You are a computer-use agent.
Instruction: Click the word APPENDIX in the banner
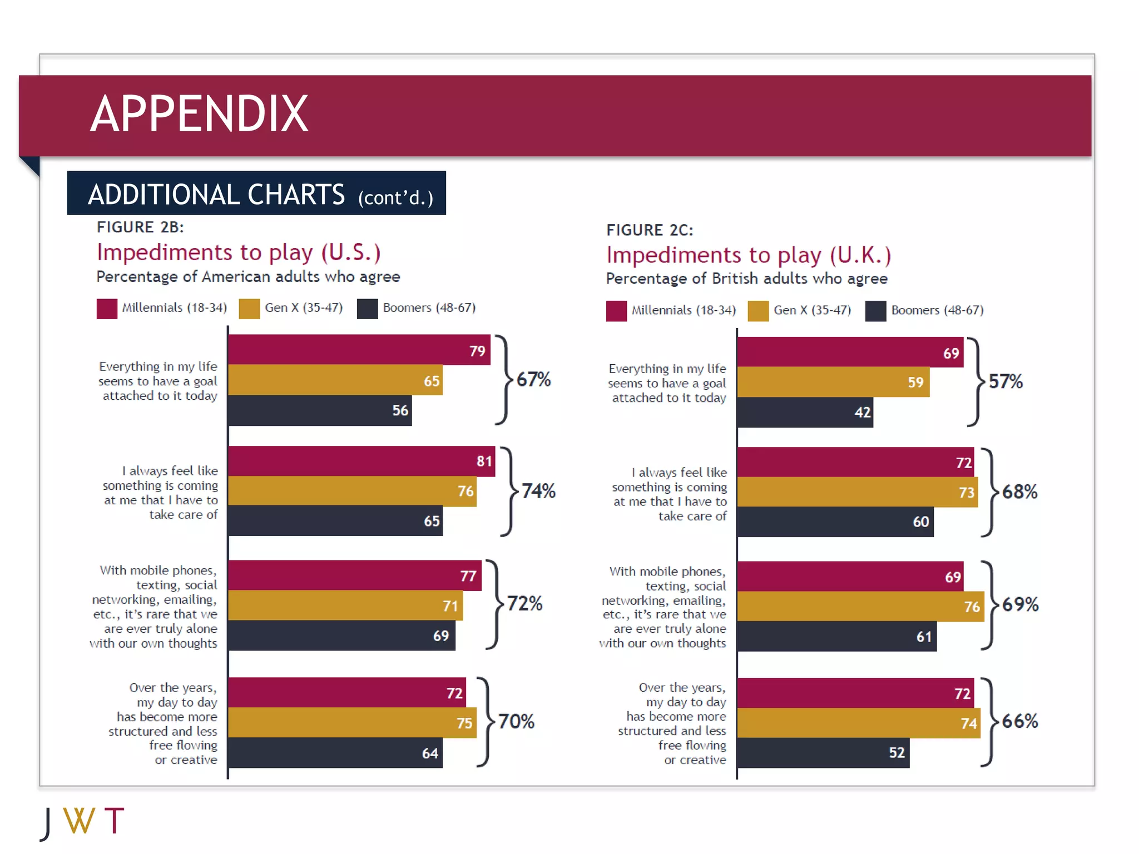point(199,114)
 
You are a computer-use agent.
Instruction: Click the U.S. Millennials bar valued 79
point(359,350)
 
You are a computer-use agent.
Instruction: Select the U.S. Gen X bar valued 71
point(345,605)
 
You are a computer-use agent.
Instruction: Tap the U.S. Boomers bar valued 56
point(320,410)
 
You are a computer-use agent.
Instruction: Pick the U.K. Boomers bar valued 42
point(805,412)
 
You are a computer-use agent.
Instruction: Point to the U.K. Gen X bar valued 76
point(860,606)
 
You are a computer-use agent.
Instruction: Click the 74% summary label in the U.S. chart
point(538,491)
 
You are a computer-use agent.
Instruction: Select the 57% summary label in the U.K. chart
point(1006,381)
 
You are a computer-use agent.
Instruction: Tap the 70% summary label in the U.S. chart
point(516,721)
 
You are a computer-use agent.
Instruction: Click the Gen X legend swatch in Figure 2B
point(249,309)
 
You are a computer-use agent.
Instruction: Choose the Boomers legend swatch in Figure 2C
point(875,311)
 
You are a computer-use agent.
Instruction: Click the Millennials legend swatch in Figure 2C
point(616,311)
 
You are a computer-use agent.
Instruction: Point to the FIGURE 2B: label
point(140,227)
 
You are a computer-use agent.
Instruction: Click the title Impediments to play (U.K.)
point(749,255)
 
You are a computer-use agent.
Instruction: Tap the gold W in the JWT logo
point(79,821)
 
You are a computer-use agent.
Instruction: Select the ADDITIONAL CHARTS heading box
point(256,193)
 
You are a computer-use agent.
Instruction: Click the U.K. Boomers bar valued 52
point(823,753)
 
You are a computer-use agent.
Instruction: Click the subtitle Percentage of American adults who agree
point(248,277)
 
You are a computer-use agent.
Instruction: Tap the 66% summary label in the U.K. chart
point(1019,721)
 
